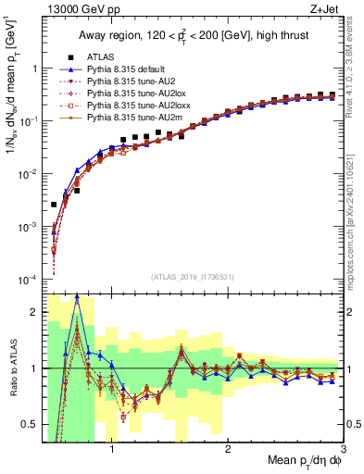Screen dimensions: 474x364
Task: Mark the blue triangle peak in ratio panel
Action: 77,297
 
